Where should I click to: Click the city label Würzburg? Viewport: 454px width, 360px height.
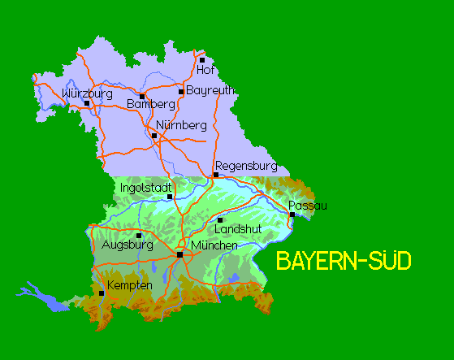point(87,93)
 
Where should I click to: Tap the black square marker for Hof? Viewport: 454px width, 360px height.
point(202,59)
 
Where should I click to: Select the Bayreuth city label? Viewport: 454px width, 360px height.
point(211,90)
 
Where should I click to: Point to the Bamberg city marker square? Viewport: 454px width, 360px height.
point(142,96)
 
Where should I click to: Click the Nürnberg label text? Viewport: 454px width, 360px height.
point(181,125)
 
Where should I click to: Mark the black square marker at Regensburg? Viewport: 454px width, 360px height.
point(216,175)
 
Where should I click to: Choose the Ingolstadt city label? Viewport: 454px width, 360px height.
point(146,188)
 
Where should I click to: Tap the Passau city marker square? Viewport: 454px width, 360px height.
point(292,215)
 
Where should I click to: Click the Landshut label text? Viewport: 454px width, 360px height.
point(238,229)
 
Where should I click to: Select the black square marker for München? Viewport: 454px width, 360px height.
point(179,254)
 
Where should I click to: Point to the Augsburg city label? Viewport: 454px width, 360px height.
point(128,244)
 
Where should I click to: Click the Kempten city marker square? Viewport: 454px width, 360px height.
point(102,293)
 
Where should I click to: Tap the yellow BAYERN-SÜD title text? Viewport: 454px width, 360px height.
point(344,261)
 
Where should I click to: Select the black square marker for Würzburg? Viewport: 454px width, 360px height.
point(87,102)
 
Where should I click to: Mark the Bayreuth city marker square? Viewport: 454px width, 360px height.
point(181,91)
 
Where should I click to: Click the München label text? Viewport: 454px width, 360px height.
point(214,245)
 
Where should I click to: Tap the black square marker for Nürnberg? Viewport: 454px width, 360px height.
point(154,135)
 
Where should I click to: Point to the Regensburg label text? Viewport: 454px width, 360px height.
point(246,166)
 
